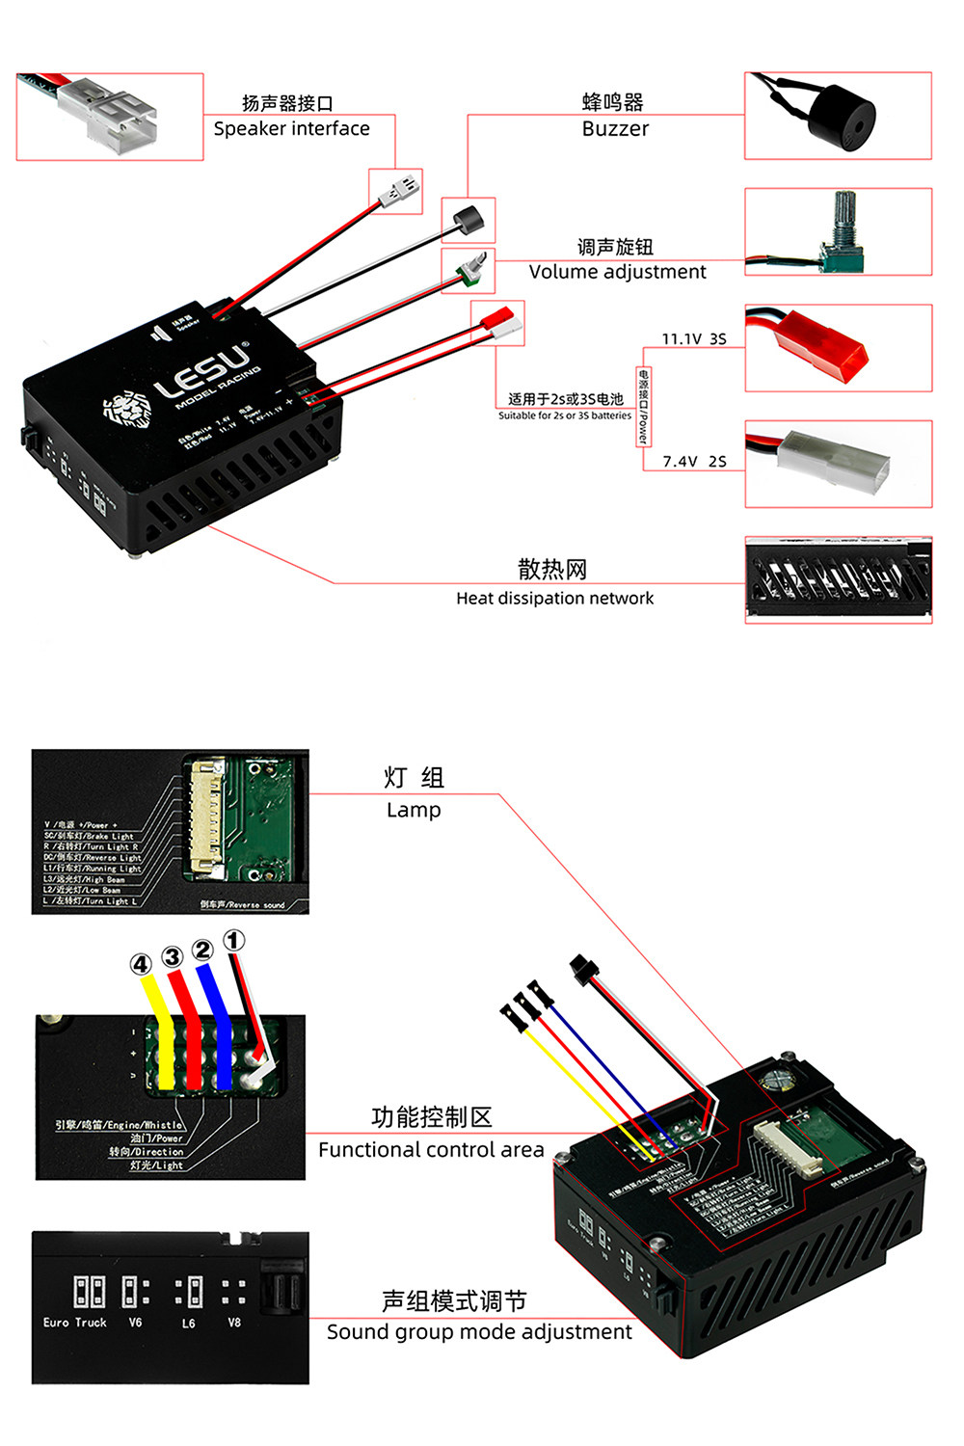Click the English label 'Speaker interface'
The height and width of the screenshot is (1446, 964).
tap(291, 129)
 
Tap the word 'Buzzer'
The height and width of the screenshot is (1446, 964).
tap(615, 129)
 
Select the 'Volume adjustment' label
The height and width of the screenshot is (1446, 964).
tap(617, 272)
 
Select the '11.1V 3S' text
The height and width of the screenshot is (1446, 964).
tap(693, 339)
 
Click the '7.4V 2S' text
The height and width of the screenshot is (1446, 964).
tap(694, 462)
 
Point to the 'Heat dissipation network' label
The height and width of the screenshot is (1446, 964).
tap(554, 599)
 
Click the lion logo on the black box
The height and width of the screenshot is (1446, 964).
tap(127, 410)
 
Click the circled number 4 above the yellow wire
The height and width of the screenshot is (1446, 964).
tap(142, 964)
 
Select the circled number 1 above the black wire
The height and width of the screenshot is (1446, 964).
tap(234, 940)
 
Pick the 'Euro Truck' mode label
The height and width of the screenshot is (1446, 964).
tap(75, 1323)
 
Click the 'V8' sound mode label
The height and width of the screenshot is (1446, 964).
tap(234, 1323)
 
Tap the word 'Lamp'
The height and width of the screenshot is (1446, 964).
tap(414, 811)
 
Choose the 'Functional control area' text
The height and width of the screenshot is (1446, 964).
tap(431, 1150)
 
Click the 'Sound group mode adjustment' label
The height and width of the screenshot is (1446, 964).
tap(479, 1332)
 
